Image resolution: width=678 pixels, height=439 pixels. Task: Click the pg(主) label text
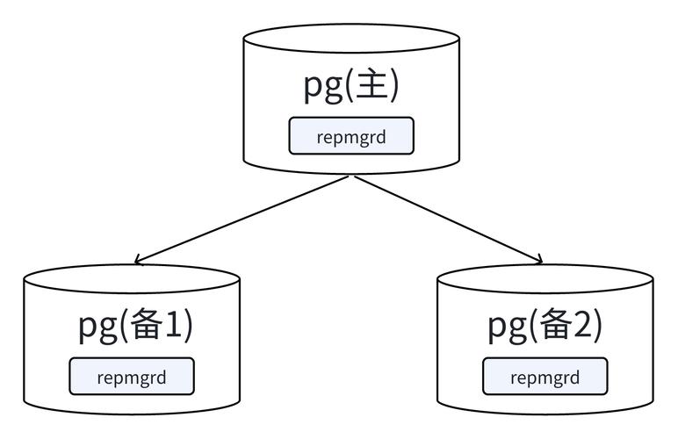click(x=351, y=86)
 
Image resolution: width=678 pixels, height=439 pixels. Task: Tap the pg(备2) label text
click(x=545, y=327)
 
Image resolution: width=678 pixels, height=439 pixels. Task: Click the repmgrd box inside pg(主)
click(x=351, y=136)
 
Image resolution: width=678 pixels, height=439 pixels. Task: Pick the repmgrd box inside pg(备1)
click(x=132, y=378)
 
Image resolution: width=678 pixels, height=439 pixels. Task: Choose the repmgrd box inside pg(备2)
click(x=545, y=378)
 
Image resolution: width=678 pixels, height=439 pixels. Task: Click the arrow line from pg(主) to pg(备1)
click(x=244, y=219)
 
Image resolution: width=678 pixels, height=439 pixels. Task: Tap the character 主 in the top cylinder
click(x=371, y=86)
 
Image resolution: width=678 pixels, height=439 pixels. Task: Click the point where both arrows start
click(x=352, y=176)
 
